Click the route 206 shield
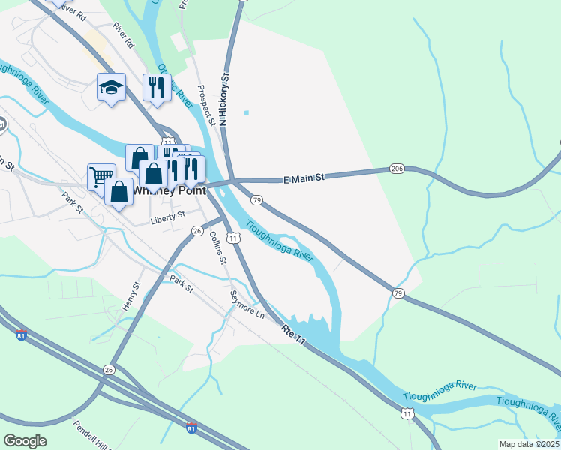(397, 169)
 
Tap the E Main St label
(304, 178)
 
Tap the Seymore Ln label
(247, 304)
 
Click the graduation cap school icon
(111, 88)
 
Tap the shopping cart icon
(100, 177)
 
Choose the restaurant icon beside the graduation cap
(157, 86)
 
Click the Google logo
(25, 441)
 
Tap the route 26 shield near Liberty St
(197, 231)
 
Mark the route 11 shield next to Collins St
(235, 238)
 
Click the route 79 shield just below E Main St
(257, 200)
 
